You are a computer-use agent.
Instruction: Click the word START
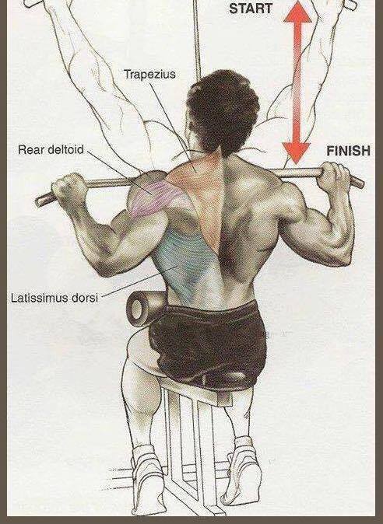(250, 8)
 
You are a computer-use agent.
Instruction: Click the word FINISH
(348, 151)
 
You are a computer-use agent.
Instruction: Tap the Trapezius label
(149, 74)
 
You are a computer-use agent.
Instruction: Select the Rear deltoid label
(51, 149)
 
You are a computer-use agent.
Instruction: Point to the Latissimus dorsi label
(54, 298)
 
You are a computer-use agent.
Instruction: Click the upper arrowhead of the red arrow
(297, 12)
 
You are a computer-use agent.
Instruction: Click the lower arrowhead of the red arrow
(296, 152)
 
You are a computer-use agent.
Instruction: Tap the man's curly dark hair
(223, 110)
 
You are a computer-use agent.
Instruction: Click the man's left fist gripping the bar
(69, 190)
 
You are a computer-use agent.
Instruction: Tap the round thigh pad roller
(145, 308)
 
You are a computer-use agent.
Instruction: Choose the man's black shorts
(207, 344)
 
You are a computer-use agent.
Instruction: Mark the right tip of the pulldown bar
(361, 183)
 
